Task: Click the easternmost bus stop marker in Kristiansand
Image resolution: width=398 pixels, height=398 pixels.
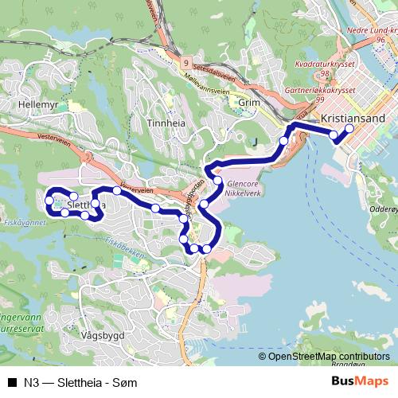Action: (349, 128)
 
